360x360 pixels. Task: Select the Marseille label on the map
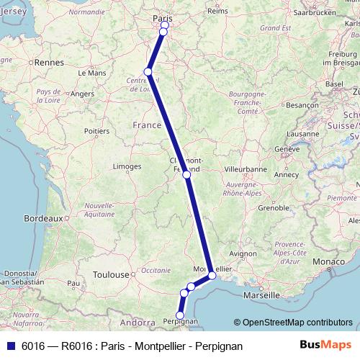[261, 295]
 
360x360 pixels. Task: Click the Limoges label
[127, 166]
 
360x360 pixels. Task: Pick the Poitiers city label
[98, 131]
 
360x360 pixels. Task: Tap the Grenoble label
[273, 207]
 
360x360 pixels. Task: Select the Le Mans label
[91, 73]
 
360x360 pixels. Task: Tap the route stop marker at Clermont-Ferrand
[186, 174]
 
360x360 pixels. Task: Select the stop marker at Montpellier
[212, 275]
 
